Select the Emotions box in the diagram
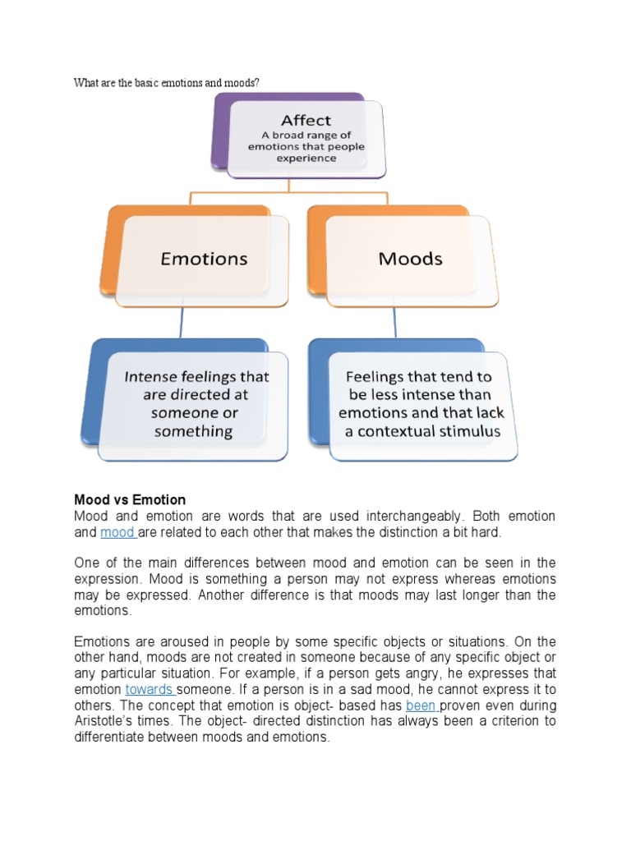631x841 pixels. [x=203, y=259]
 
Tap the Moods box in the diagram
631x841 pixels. [x=410, y=259]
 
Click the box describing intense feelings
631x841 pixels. [x=196, y=404]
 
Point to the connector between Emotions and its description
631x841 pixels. [x=181, y=322]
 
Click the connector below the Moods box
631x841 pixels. [x=395, y=322]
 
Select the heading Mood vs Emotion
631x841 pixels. [x=130, y=499]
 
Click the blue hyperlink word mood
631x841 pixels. [x=117, y=533]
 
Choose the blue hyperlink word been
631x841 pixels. [x=421, y=705]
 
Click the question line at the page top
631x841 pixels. [x=172, y=82]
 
